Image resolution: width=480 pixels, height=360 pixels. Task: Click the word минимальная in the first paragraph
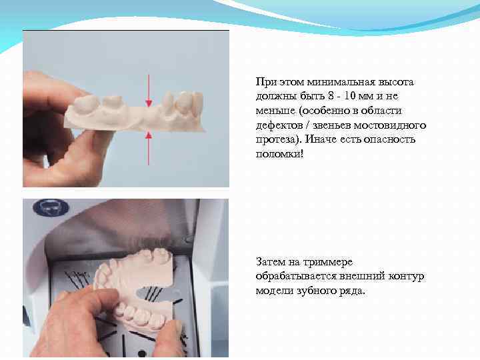pos(341,82)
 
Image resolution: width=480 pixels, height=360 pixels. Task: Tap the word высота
pos(396,82)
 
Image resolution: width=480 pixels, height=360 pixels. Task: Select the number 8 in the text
pos(331,96)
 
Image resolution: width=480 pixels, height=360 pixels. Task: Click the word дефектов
pos(279,125)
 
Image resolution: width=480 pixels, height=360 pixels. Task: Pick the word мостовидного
pos(390,125)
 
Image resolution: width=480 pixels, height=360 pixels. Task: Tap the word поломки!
pos(280,154)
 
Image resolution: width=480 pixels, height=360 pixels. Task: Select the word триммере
pos(328,263)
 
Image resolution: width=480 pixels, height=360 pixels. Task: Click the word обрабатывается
pos(297,277)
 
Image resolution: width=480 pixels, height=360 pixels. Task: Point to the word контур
pos(406,277)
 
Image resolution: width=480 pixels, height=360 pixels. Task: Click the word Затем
pos(270,263)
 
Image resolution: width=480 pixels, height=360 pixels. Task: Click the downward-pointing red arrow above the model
pos(149,91)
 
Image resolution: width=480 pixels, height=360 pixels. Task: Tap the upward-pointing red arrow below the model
pos(149,149)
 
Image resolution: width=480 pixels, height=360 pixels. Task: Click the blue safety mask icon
pos(51,207)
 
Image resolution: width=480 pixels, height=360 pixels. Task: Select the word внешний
pos(363,277)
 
